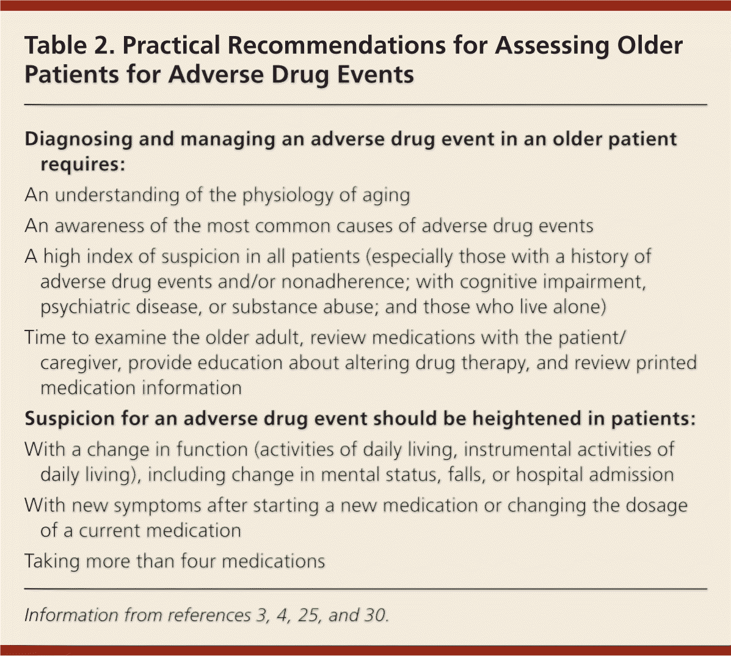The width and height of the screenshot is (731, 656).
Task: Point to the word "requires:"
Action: coord(83,164)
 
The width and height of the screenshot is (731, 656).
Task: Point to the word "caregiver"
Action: coord(81,363)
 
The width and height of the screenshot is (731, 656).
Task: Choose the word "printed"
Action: coord(666,363)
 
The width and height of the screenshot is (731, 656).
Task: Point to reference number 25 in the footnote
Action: coord(308,616)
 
